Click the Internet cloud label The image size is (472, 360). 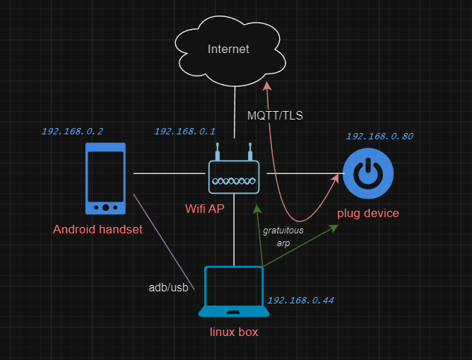pyautogui.click(x=228, y=49)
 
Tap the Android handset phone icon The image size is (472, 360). pyautogui.click(x=105, y=179)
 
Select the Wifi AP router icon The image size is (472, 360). pyautogui.click(x=234, y=168)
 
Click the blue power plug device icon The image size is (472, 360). pyautogui.click(x=368, y=173)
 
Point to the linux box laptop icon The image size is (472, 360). pyautogui.click(x=234, y=291)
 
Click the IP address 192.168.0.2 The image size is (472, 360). pyautogui.click(x=72, y=132)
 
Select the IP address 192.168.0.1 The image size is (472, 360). pyautogui.click(x=184, y=132)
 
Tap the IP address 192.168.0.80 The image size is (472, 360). pyautogui.click(x=379, y=137)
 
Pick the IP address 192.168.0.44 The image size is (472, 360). pyautogui.click(x=301, y=301)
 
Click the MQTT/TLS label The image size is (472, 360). pyautogui.click(x=275, y=115)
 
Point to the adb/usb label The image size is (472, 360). pyautogui.click(x=169, y=288)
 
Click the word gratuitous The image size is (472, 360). pyautogui.click(x=283, y=231)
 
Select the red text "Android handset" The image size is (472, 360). pyautogui.click(x=98, y=230)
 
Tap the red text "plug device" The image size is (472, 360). pyautogui.click(x=368, y=214)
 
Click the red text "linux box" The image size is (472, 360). pyautogui.click(x=234, y=332)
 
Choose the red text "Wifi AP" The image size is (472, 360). pyautogui.click(x=205, y=209)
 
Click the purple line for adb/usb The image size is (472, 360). pyautogui.click(x=164, y=242)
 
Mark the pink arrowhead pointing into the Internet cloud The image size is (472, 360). pyautogui.click(x=267, y=86)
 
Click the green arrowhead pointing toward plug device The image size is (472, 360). pyautogui.click(x=334, y=228)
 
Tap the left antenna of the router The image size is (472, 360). pyautogui.click(x=218, y=151)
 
